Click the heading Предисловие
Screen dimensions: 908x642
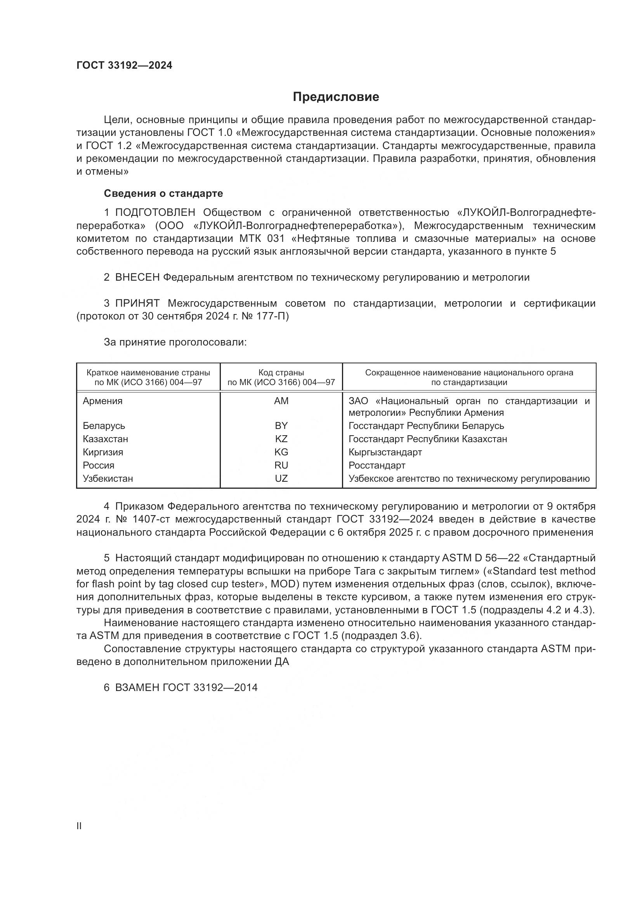pyautogui.click(x=336, y=97)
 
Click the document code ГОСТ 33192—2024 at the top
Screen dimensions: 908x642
pyautogui.click(x=124, y=66)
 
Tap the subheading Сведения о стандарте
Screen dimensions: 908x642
pyautogui.click(x=163, y=193)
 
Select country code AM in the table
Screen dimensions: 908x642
pyautogui.click(x=281, y=401)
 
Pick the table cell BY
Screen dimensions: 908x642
pyautogui.click(x=281, y=426)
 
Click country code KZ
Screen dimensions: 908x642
pyautogui.click(x=281, y=439)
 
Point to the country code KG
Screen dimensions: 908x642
pyautogui.click(x=281, y=452)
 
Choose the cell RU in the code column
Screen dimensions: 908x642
pyautogui.click(x=281, y=465)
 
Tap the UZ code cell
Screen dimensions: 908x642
pyautogui.click(x=281, y=479)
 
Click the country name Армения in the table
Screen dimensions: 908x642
pyautogui.click(x=102, y=401)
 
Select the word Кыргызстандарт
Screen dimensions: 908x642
pyautogui.click(x=385, y=452)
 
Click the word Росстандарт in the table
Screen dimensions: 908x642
pyautogui.click(x=377, y=465)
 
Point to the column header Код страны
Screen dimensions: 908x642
pyautogui.click(x=281, y=373)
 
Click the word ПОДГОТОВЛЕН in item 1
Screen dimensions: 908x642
pyautogui.click(x=155, y=213)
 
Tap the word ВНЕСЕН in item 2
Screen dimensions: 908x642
pyautogui.click(x=137, y=278)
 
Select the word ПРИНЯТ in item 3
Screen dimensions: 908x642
pyautogui.click(x=137, y=304)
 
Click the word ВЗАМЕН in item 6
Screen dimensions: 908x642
pyautogui.click(x=137, y=688)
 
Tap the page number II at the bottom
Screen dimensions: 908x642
pyautogui.click(x=79, y=826)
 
